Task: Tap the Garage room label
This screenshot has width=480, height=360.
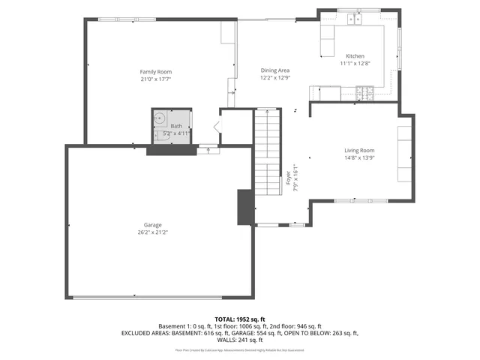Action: coord(153,225)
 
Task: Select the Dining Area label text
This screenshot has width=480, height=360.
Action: coord(275,70)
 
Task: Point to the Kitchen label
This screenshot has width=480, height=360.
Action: coord(355,56)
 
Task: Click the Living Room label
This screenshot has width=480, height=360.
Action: coord(359,151)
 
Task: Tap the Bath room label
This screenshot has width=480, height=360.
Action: coord(176,126)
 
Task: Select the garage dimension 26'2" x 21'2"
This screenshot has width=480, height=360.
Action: coord(153,232)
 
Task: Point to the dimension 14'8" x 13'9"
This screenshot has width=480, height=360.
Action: coord(359,158)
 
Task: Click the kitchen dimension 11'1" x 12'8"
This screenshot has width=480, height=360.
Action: coord(355,64)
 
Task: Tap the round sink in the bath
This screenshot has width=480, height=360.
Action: coord(160,118)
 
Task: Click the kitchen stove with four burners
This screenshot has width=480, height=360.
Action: coord(365,93)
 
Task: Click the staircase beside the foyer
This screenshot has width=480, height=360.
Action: coord(266,150)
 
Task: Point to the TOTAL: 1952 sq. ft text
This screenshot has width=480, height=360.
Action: coord(239,319)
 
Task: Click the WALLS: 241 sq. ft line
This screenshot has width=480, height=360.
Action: coord(239,340)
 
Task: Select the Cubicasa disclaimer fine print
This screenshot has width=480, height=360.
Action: coord(239,349)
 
